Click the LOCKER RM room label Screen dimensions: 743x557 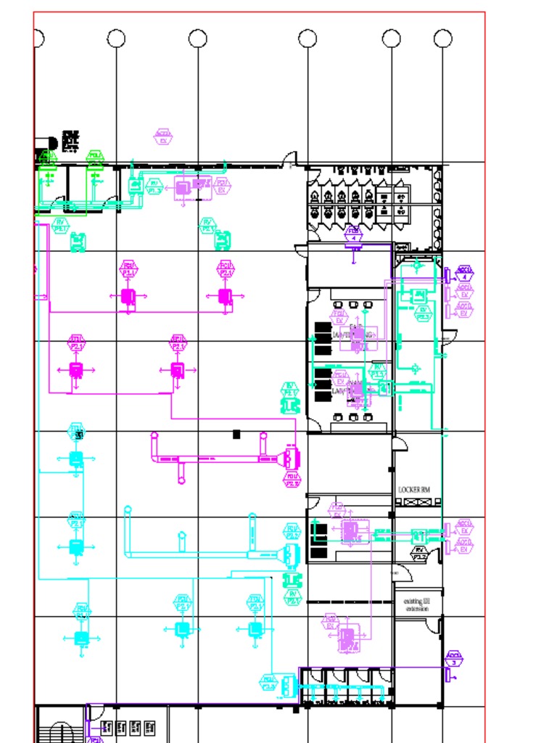(414, 490)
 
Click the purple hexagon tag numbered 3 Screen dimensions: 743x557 (454, 660)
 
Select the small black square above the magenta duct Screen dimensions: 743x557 (236, 434)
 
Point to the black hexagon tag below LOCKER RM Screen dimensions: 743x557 (420, 554)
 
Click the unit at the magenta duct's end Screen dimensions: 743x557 (292, 459)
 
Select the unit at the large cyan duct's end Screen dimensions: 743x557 (292, 554)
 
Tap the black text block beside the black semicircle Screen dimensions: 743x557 (70, 141)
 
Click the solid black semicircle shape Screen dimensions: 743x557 (51, 144)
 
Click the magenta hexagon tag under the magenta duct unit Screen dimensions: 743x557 (293, 480)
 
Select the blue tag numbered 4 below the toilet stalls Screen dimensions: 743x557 (353, 234)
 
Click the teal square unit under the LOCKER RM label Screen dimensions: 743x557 (418, 537)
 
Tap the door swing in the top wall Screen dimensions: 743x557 (290, 159)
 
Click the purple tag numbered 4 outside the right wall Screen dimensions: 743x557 (465, 274)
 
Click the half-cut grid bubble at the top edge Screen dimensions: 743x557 (38, 38)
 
